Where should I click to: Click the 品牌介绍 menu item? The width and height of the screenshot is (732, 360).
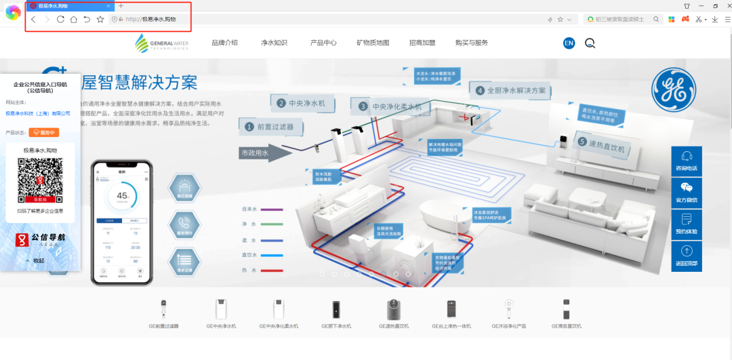coord(224,43)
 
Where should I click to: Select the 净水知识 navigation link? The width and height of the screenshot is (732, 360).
coord(274,43)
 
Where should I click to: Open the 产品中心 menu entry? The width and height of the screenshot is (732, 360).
coord(323,43)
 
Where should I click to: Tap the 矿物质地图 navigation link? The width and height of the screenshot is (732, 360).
coord(373,43)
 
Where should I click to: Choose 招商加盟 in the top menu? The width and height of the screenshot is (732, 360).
coord(422,43)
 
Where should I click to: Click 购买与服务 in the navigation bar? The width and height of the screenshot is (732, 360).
coord(472,43)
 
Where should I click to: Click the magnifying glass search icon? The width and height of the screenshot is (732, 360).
coord(590,43)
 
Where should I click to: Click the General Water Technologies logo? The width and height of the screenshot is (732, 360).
coord(162,43)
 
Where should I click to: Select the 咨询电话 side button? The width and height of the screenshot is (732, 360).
coord(687,161)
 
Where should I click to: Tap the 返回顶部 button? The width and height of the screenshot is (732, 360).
coord(687,256)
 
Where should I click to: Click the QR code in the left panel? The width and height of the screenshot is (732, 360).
coord(40,180)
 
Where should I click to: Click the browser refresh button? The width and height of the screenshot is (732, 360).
coord(60,20)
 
